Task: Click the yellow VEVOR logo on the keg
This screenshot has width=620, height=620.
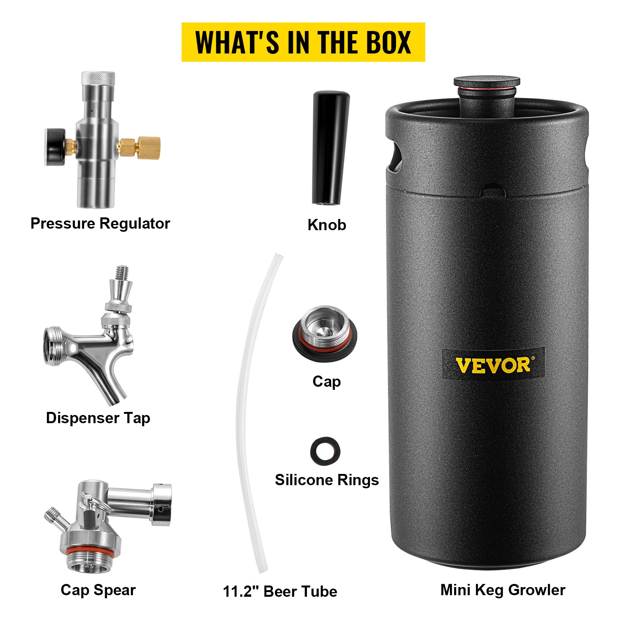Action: click(x=493, y=365)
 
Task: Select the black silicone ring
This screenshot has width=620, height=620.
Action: click(x=325, y=450)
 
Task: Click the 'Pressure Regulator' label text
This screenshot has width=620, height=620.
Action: click(x=100, y=224)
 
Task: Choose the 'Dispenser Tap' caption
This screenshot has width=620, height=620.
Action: click(x=98, y=418)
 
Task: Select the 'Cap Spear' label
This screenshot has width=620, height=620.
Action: click(x=98, y=590)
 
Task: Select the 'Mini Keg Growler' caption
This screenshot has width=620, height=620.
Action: click(x=503, y=590)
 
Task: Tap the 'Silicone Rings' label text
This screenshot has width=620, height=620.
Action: click(x=327, y=480)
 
